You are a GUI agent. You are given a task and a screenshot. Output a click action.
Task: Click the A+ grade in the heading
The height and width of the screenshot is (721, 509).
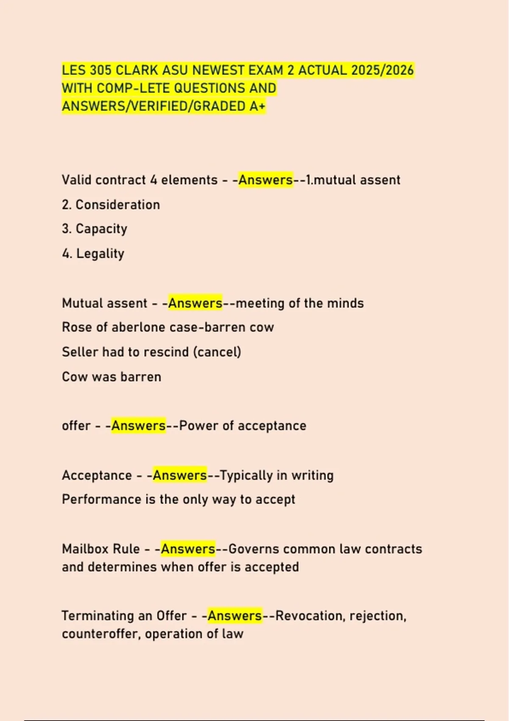(257, 106)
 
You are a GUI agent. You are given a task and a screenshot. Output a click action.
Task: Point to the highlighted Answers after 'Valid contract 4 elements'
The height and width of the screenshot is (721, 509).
(266, 180)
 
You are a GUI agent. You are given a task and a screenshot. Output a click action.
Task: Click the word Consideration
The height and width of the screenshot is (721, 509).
(117, 204)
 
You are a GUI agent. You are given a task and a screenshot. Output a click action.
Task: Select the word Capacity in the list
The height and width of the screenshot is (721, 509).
(101, 229)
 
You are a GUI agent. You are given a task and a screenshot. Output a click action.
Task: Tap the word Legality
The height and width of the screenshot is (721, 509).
(100, 254)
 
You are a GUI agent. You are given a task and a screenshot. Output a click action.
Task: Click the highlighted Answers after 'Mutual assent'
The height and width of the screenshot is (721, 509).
(195, 303)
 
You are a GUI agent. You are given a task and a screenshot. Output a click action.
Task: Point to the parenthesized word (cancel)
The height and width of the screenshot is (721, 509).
(217, 352)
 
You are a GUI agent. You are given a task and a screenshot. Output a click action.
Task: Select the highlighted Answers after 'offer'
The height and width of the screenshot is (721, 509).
(138, 425)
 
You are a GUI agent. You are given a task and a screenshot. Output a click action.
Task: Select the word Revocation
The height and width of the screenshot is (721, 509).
(309, 615)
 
